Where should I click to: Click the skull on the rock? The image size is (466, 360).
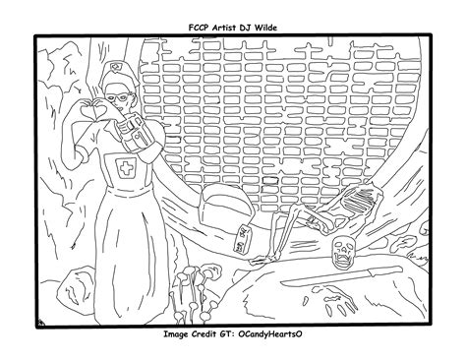point(343,250)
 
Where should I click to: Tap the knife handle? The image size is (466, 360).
point(384,270)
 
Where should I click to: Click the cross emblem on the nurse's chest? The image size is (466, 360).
point(126,168)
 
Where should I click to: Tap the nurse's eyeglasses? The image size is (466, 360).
point(118,97)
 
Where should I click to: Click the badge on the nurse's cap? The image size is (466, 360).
point(115,67)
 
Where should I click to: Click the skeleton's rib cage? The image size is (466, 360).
point(358,200)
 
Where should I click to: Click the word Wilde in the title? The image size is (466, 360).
point(264,28)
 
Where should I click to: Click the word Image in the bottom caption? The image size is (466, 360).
point(176,334)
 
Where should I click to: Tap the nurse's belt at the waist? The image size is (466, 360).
point(129,192)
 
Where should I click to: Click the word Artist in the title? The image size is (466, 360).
point(223,28)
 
